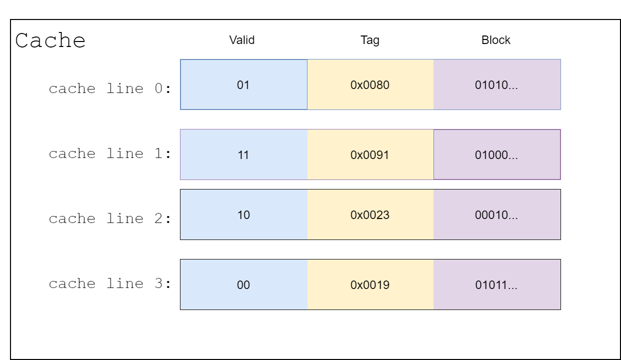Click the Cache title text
50,40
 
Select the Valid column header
241,40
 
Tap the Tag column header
370,40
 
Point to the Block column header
495,40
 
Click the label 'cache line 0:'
110,88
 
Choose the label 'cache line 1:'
110,153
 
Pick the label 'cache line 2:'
110,218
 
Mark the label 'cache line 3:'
110,283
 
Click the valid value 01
243,85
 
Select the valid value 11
243,155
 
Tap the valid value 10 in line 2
243,215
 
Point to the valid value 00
243,285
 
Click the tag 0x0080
370,85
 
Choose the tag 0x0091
369,155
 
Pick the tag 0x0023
370,215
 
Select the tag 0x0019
370,285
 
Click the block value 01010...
496,85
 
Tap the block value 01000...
496,155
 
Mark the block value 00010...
496,215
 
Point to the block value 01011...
496,285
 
